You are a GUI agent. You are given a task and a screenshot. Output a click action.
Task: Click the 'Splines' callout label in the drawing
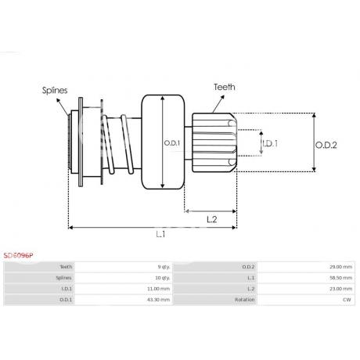(55, 90)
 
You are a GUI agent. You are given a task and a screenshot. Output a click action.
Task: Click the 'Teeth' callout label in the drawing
(225, 87)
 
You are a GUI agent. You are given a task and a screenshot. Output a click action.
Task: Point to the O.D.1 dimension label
(172, 143)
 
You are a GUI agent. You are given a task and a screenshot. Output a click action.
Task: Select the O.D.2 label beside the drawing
(326, 145)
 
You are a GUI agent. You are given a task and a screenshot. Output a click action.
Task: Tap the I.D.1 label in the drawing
(270, 143)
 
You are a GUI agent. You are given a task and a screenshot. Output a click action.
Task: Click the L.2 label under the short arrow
(212, 219)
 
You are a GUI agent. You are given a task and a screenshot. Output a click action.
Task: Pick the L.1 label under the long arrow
(160, 234)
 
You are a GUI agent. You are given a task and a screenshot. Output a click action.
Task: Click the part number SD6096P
(18, 255)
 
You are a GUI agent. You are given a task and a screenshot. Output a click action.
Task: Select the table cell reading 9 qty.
(164, 267)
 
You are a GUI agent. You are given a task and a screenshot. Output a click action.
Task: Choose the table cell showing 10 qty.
(163, 278)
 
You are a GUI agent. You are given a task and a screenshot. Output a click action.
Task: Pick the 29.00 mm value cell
(340, 267)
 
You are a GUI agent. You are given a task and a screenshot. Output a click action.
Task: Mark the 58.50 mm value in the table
(340, 278)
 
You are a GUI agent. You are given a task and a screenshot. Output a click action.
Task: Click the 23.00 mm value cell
(340, 289)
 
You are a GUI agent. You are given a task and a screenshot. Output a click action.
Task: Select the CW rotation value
(347, 300)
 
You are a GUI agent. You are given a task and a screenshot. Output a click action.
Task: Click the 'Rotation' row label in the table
(244, 300)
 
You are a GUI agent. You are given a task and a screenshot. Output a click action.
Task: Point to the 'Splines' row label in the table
(63, 278)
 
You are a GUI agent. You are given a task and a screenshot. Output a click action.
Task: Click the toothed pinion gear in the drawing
(214, 142)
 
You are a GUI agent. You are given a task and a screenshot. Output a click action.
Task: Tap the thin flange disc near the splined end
(81, 142)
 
